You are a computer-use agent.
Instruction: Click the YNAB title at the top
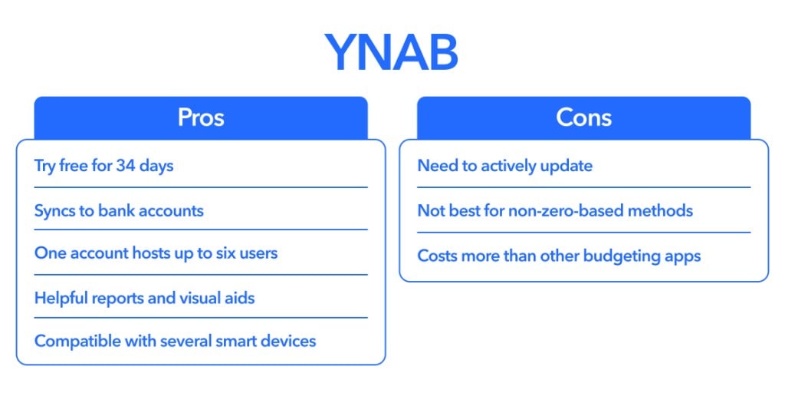(391, 53)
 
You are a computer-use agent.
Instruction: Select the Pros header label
(201, 117)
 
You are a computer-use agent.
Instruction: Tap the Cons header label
(583, 117)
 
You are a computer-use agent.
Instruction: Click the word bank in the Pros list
(117, 210)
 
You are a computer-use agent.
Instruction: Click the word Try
(44, 166)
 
